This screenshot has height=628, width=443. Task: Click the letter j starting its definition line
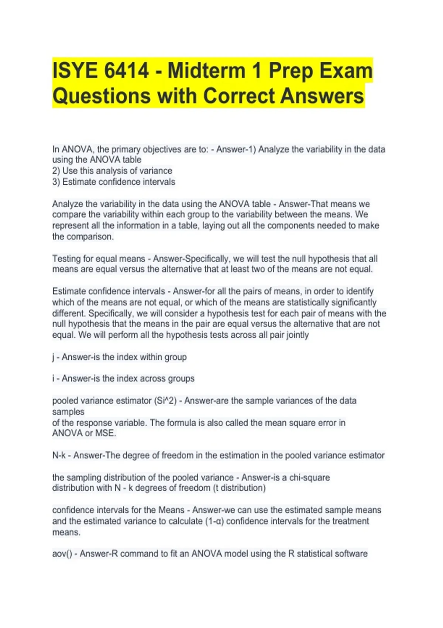point(54,357)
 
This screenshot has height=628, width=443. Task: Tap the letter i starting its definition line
point(53,379)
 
